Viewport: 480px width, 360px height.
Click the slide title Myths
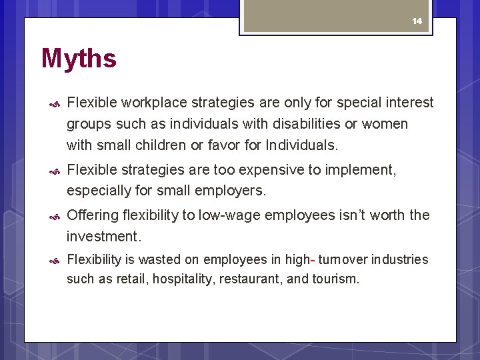(79, 59)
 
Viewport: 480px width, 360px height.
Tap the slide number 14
(417, 21)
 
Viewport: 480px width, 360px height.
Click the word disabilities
(318, 124)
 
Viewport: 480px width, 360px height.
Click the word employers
(231, 191)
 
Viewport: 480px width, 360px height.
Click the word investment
(103, 236)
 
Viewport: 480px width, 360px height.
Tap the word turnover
(341, 259)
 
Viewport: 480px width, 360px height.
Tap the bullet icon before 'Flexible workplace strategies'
(56, 104)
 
